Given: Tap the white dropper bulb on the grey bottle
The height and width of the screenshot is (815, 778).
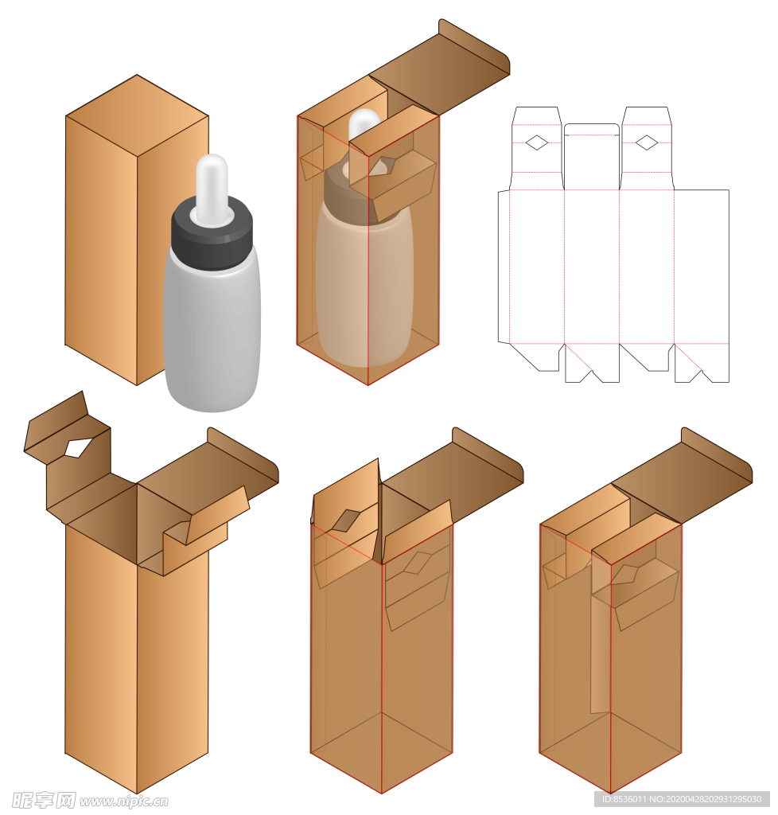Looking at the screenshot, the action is pyautogui.click(x=212, y=187).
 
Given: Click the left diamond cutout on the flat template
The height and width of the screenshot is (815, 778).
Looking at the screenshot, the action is pyautogui.click(x=536, y=142).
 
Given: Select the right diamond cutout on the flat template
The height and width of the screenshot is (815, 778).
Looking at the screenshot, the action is pyautogui.click(x=647, y=142).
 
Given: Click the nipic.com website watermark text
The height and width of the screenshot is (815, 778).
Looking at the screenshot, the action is pyautogui.click(x=123, y=801).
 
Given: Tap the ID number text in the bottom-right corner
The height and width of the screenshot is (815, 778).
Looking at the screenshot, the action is pyautogui.click(x=682, y=799).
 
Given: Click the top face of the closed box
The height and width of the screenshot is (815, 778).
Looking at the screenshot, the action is pyautogui.click(x=137, y=115).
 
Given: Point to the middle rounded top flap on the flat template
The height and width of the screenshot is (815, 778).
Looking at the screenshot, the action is pyautogui.click(x=592, y=156).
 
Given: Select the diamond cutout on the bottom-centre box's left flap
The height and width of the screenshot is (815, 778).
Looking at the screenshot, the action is pyautogui.click(x=346, y=521).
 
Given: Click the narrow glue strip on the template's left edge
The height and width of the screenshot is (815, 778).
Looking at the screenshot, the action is pyautogui.click(x=504, y=267).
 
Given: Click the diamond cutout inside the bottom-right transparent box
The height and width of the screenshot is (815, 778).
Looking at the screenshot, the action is pyautogui.click(x=625, y=573).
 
